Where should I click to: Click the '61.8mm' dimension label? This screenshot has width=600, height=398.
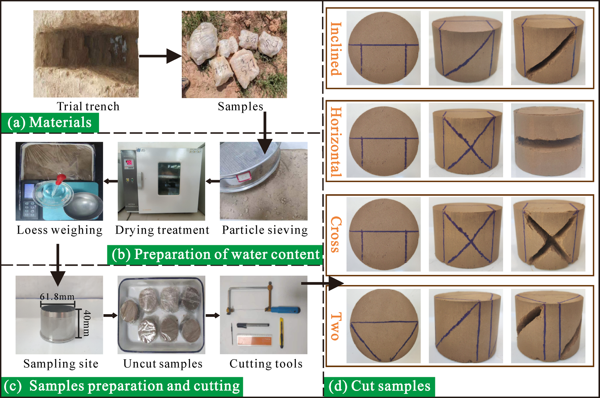pos(57,297)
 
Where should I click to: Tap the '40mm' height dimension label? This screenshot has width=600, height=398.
pos(87,323)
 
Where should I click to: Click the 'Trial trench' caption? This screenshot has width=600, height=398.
pos(88,106)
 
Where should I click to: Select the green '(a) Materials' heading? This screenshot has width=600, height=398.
pos(50,122)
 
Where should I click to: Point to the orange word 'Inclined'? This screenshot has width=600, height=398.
pos(336,49)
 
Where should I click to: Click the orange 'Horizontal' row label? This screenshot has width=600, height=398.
pos(336,142)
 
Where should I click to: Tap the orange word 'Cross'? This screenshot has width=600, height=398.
pos(336,235)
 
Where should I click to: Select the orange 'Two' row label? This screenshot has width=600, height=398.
pos(336,326)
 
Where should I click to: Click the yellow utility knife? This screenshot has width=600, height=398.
pos(281,333)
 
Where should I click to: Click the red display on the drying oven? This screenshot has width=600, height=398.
pos(129,163)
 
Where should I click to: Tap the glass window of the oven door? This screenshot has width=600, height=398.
pos(169,178)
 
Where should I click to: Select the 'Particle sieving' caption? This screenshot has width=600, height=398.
pos(265,230)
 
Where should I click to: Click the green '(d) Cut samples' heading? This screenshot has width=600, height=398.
pos(379,386)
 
